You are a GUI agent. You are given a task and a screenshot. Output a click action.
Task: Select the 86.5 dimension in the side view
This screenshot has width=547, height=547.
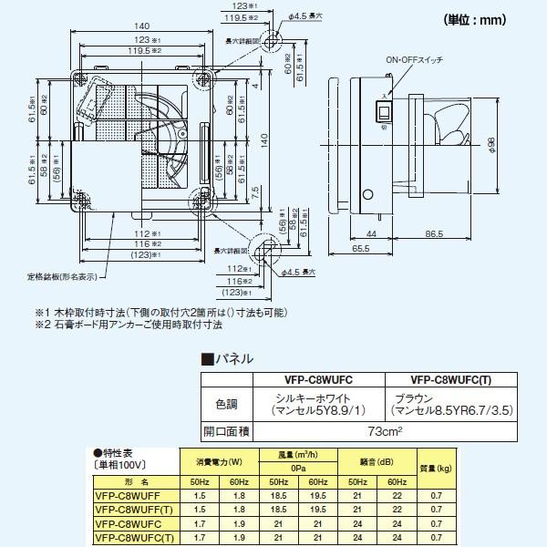pyautogui.click(x=439, y=234)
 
